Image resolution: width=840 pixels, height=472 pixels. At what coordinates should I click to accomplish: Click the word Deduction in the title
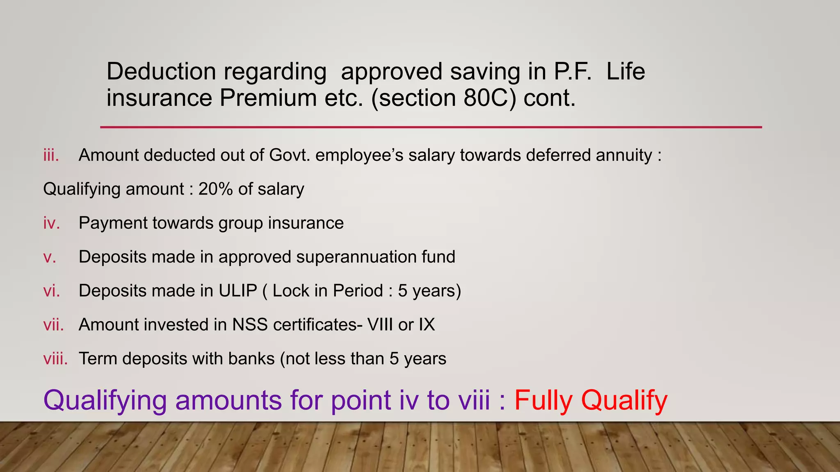pos(161,71)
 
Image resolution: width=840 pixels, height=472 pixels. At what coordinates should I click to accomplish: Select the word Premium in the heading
pos(268,98)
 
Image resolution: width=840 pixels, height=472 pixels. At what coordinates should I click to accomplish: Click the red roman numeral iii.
pos(51,155)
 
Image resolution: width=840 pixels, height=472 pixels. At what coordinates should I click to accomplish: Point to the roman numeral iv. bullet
pos(52,223)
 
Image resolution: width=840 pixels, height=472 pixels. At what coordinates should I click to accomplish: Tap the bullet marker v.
pos(50,257)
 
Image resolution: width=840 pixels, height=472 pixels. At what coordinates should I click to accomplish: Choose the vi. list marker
pos(52,291)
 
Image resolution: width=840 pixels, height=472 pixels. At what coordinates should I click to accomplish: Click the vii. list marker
pos(54,325)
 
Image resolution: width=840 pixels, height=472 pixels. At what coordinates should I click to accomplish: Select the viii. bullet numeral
pos(55,359)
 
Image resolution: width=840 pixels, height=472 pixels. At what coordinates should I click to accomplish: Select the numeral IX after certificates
pos(427,325)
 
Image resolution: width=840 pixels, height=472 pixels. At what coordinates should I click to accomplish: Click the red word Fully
pos(543,400)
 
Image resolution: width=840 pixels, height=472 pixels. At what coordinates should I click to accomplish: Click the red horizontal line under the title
pos(431,127)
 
